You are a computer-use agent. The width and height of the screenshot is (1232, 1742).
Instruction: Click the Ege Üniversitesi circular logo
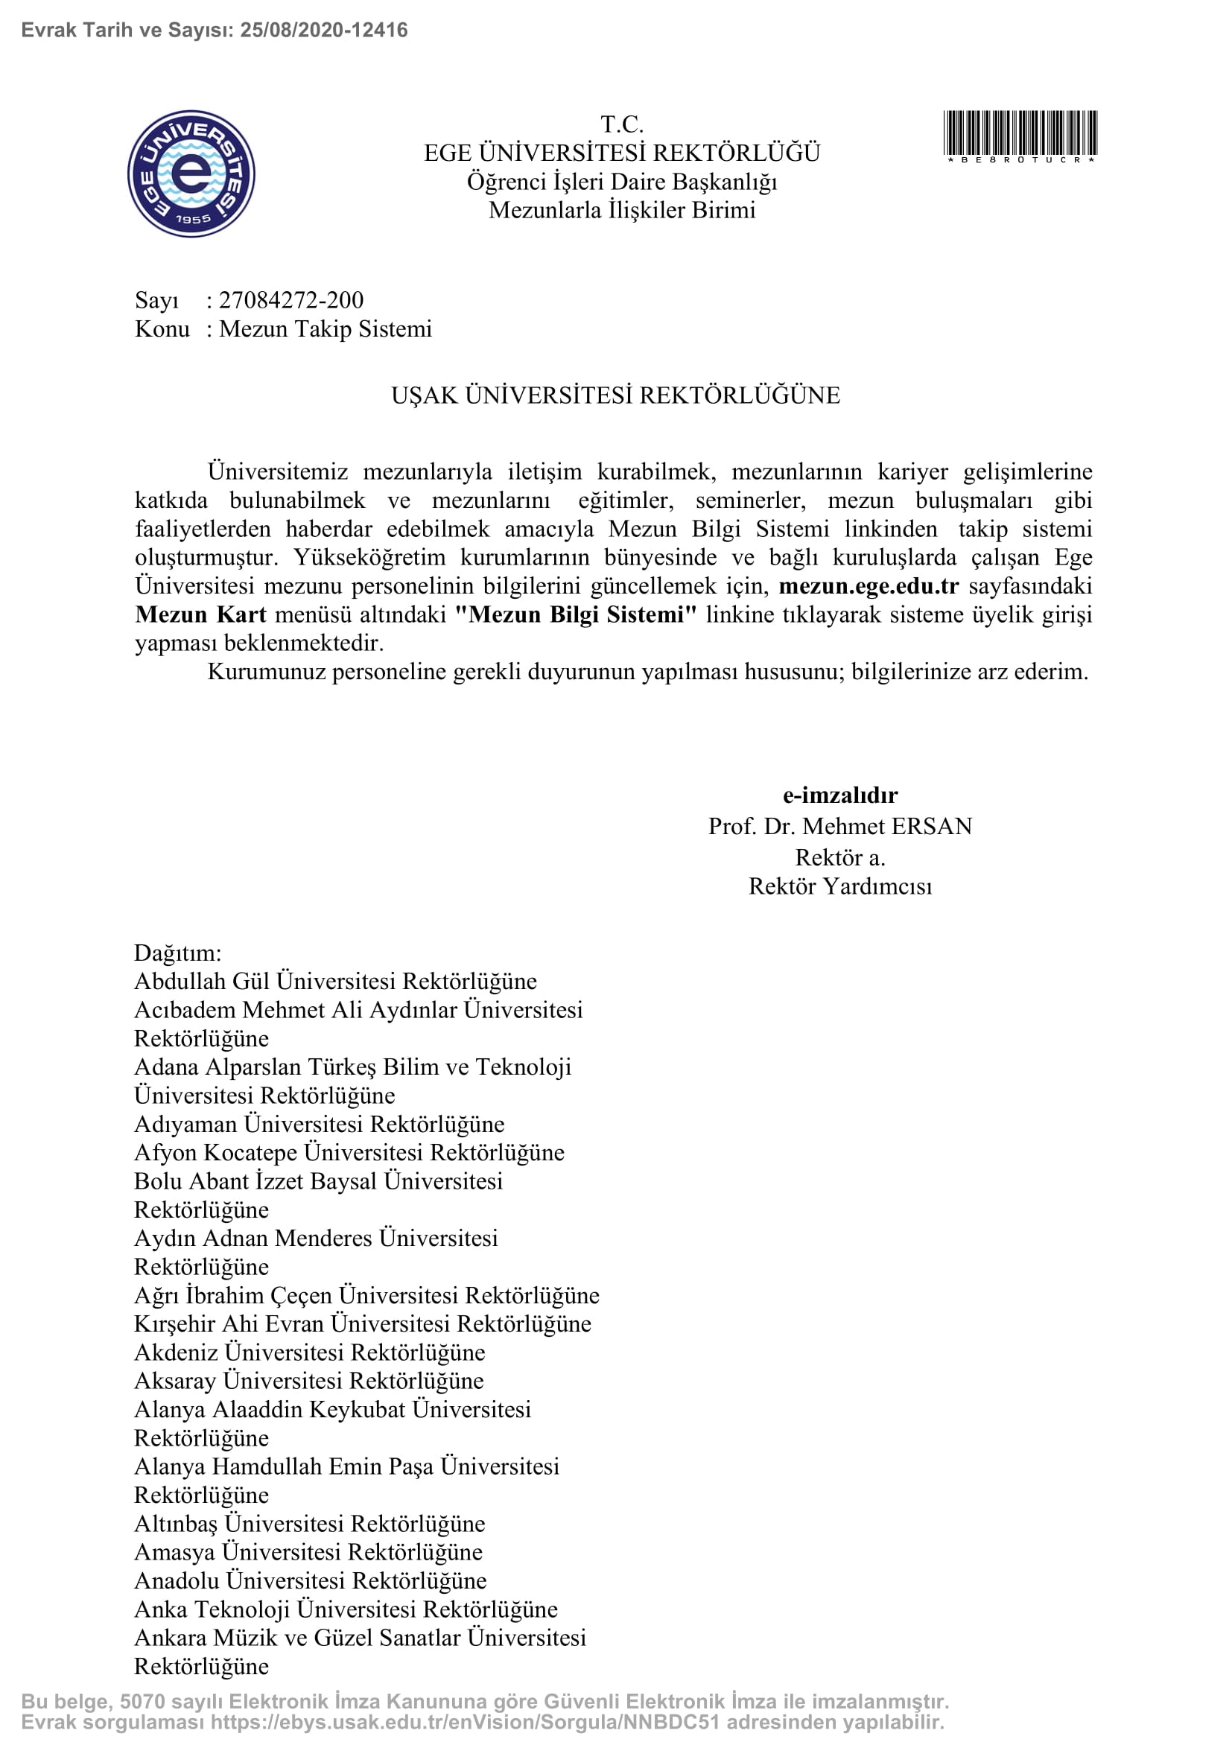click(x=191, y=174)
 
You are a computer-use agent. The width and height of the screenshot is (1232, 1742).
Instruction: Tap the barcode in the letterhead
click(x=1020, y=134)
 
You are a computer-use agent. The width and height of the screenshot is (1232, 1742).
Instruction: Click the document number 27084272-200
click(x=291, y=300)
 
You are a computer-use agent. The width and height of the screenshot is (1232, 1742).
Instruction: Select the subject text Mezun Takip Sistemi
click(x=326, y=329)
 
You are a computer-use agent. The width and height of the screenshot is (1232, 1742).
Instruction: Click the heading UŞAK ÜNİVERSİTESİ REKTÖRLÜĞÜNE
click(x=615, y=395)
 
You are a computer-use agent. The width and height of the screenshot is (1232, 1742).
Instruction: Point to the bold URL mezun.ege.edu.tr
click(x=869, y=585)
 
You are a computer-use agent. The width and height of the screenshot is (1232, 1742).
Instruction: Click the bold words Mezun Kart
click(x=201, y=614)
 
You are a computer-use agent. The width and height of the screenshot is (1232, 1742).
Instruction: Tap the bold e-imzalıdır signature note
click(x=839, y=795)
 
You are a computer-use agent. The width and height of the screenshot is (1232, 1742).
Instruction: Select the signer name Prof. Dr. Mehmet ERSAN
click(x=839, y=826)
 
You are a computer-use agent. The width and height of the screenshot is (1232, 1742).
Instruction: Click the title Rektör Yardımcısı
click(x=839, y=886)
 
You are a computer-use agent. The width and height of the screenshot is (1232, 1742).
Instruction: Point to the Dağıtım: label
click(x=177, y=953)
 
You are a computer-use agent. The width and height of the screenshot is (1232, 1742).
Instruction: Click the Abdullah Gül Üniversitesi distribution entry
click(x=335, y=982)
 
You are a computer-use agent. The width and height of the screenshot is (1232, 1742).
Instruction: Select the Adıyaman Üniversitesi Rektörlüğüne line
click(x=320, y=1125)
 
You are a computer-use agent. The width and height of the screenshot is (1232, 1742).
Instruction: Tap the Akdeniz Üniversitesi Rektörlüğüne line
click(x=310, y=1352)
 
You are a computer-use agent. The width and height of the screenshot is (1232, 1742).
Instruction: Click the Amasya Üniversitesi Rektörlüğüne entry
click(x=308, y=1552)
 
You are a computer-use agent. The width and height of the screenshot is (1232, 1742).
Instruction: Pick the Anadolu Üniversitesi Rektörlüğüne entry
click(x=311, y=1581)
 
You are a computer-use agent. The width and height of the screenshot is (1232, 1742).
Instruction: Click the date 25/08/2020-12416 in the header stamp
click(x=324, y=31)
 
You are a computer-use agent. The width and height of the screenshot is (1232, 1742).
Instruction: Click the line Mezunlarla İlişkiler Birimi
click(x=622, y=210)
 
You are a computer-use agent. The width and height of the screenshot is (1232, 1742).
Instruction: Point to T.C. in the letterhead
click(x=622, y=124)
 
